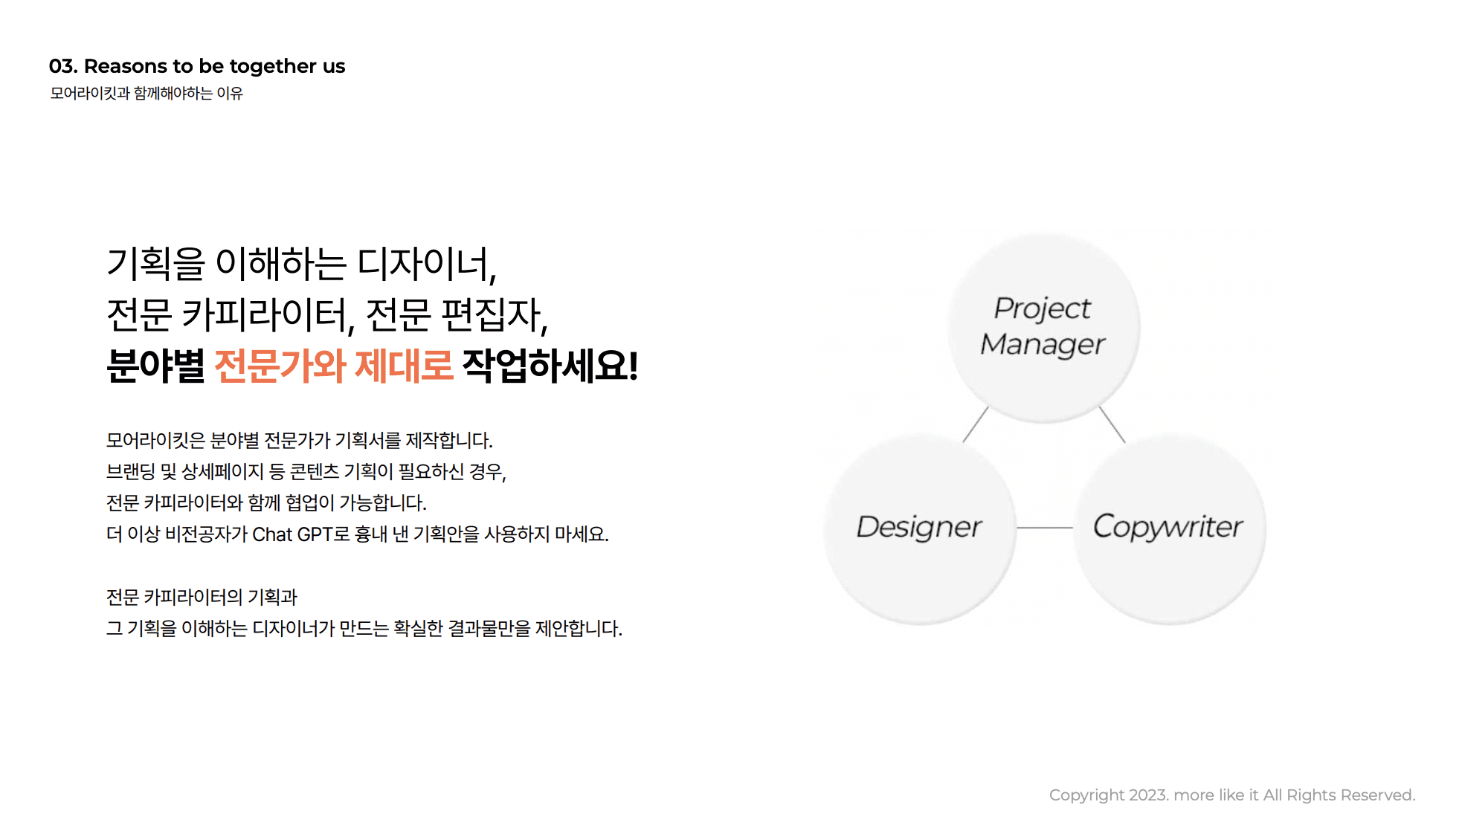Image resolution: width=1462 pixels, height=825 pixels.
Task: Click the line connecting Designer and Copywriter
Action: click(1044, 528)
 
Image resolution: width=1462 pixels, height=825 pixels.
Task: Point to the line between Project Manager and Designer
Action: click(975, 425)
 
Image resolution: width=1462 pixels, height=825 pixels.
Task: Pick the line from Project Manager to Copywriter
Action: click(1112, 425)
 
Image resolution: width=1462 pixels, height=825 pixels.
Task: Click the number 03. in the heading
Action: click(63, 66)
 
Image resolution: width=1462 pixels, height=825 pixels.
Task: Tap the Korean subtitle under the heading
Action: click(146, 94)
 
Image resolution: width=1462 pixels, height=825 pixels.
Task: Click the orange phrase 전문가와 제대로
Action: click(333, 366)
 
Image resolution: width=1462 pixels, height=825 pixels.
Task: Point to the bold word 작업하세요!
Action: click(550, 366)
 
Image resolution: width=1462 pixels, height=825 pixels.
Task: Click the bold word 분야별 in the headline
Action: click(155, 366)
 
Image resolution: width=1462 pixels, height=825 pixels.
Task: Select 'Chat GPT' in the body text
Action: click(292, 534)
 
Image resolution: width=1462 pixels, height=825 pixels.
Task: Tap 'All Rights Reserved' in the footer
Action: click(1339, 795)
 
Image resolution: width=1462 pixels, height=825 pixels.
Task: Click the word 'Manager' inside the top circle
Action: click(1043, 345)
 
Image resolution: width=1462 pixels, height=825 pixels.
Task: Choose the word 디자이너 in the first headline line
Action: click(425, 264)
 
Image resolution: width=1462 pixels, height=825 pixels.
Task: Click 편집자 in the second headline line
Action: click(492, 315)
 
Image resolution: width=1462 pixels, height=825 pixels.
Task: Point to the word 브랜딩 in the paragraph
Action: click(131, 472)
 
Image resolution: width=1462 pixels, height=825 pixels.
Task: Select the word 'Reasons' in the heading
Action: click(126, 66)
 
